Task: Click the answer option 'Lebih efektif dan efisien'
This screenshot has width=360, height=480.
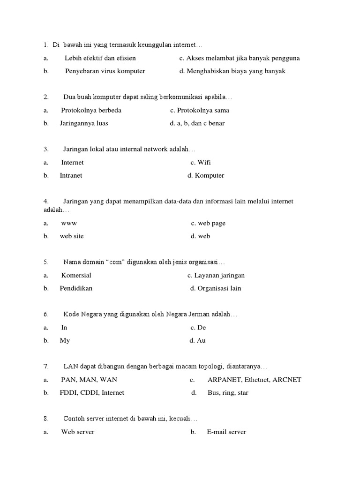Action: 100,58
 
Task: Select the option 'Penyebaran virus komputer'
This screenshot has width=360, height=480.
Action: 105,71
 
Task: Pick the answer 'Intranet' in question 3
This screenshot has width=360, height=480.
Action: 71,175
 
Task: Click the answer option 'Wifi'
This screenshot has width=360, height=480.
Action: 204,163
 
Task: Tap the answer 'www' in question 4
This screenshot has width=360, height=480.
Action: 69,223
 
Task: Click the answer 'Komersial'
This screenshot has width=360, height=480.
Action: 76,275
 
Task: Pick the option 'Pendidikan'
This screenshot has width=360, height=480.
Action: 76,288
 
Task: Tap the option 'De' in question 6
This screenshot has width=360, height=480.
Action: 202,328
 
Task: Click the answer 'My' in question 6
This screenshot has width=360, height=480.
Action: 65,340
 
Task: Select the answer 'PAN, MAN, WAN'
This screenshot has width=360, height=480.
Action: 89,380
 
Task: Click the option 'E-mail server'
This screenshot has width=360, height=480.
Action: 226,432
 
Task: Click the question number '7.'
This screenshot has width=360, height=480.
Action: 46,366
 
